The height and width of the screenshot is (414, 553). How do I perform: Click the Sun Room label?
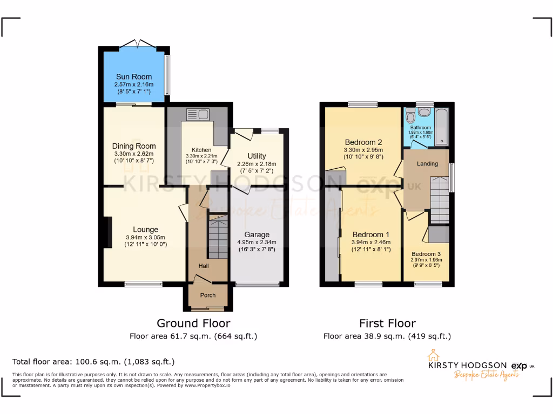click(133, 77)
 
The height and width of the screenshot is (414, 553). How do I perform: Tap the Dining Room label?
click(134, 146)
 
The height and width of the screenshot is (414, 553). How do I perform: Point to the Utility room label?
click(257, 156)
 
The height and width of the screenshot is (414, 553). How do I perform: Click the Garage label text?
click(257, 234)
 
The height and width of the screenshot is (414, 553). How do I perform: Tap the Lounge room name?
click(146, 230)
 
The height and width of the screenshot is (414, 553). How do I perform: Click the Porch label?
click(208, 295)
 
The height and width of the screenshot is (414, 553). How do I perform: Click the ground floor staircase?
click(218, 237)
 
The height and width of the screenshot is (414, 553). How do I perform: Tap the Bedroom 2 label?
click(363, 142)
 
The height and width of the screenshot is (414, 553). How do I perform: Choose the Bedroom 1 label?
click(370, 234)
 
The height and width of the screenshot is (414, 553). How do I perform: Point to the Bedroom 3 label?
click(426, 254)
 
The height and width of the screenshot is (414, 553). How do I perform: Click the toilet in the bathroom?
click(410, 115)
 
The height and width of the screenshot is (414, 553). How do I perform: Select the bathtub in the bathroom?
click(442, 127)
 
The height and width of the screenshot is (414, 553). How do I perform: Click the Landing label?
click(427, 163)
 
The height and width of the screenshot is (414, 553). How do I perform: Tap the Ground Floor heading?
click(193, 323)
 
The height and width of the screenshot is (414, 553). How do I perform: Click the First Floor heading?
click(387, 323)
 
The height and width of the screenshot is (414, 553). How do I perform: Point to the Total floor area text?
click(93, 362)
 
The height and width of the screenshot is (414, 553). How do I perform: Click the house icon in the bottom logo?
click(432, 356)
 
